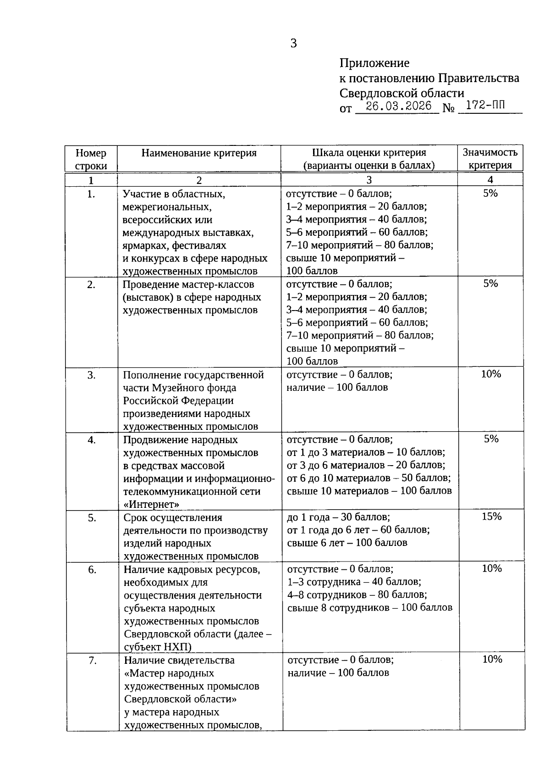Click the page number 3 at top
[293, 43]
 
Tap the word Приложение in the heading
[374, 63]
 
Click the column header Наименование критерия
[199, 153]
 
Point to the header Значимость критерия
[490, 159]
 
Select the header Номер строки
[91, 159]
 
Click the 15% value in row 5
[491, 517]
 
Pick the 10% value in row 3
[491, 374]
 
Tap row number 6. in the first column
[92, 570]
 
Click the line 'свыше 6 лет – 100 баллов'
[347, 543]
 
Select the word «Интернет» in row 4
[151, 504]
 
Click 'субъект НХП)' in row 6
[158, 647]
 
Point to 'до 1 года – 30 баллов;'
[338, 517]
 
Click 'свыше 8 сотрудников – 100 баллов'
[369, 608]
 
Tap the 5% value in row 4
[491, 439]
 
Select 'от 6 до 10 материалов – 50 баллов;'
[368, 478]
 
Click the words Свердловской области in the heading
[401, 93]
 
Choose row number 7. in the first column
[92, 661]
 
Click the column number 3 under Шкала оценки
[369, 180]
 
